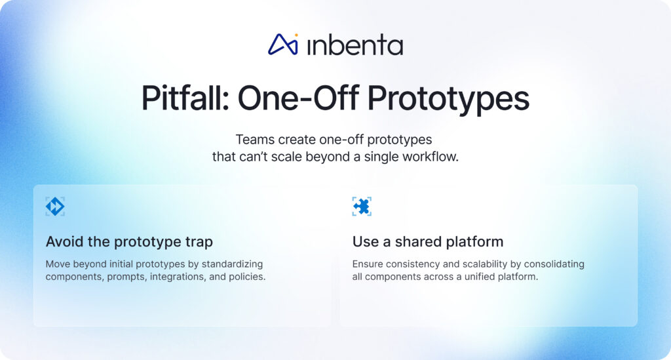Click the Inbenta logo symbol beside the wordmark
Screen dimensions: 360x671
[283, 44]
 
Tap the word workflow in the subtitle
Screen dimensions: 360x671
[428, 157]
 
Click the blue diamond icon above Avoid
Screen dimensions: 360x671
[55, 207]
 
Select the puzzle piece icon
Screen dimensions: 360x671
[362, 207]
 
